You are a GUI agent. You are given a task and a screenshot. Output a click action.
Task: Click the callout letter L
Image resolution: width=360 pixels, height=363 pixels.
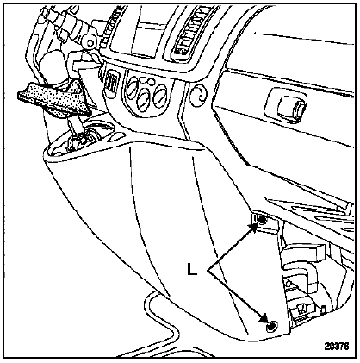pyautogui.click(x=192, y=269)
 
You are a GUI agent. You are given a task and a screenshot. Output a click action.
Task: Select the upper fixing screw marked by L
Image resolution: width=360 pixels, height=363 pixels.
pyautogui.click(x=262, y=221)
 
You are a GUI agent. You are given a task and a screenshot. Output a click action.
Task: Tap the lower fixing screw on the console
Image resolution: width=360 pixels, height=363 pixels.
pyautogui.click(x=271, y=326)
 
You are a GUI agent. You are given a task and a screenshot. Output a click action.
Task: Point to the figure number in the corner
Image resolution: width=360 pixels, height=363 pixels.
pyautogui.click(x=337, y=346)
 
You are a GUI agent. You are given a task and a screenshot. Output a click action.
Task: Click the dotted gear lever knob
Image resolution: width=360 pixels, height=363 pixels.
pyautogui.click(x=54, y=98)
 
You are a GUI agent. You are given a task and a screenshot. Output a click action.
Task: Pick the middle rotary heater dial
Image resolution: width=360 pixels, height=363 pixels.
pyautogui.click(x=144, y=100)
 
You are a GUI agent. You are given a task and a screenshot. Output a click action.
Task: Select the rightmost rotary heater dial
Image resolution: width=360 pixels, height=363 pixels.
pyautogui.click(x=160, y=95)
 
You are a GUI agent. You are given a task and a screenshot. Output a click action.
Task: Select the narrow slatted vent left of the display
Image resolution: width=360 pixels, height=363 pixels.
pyautogui.click(x=111, y=28)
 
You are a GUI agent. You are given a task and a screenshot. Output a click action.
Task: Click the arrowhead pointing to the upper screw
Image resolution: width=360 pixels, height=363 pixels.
pyautogui.click(x=253, y=228)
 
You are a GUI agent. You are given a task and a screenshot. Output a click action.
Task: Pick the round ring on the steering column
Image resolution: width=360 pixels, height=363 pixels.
pyautogui.click(x=90, y=43)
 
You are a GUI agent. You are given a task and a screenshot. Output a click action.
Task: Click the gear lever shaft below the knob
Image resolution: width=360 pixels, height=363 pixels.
pyautogui.click(x=74, y=127)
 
